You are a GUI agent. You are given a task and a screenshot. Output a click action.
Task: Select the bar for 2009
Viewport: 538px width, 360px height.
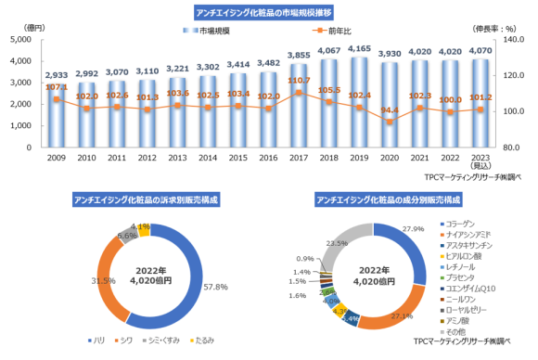[55, 116]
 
